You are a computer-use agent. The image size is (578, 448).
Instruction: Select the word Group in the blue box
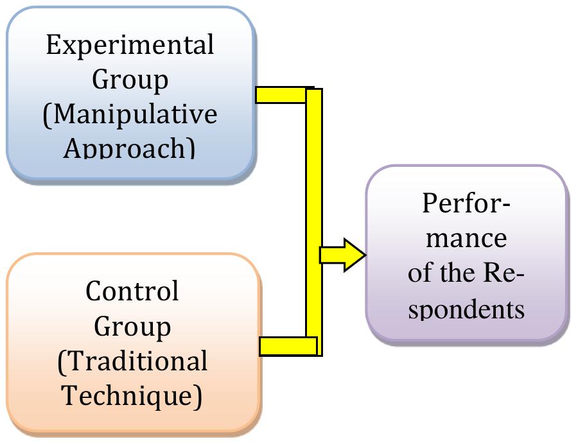131,81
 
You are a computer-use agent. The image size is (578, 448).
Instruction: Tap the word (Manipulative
130,115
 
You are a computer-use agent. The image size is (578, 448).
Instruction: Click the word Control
132,292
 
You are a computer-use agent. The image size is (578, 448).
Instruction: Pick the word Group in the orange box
133,327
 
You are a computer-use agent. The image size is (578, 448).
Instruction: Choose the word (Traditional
132,361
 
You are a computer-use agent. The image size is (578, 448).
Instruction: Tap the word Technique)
132,396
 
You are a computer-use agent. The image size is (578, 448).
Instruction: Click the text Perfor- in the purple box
467,204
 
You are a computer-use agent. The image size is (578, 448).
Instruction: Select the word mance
467,239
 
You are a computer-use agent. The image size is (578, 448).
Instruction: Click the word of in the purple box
420,274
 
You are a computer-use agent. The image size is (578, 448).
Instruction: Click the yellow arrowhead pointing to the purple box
353,255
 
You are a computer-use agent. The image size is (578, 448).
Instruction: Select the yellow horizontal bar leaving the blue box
281,94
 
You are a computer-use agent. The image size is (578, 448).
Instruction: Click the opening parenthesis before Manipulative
48,116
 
